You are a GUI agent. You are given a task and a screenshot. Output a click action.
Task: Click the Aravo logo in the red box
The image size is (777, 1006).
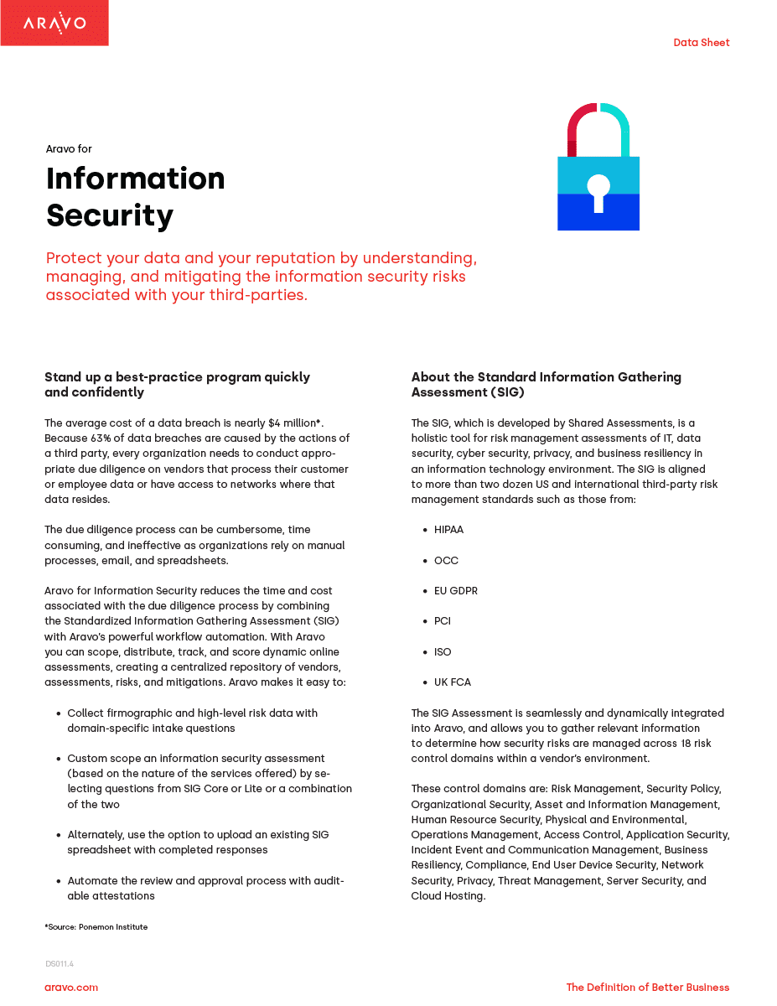point(54,23)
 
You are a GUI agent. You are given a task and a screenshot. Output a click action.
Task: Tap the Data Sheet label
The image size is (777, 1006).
point(701,43)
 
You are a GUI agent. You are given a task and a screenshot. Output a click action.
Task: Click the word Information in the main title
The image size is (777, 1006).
point(136,179)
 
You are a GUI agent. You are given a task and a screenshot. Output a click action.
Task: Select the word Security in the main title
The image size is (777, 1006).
point(110,215)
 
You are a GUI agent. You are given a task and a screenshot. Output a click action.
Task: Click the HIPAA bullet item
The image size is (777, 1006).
point(448,530)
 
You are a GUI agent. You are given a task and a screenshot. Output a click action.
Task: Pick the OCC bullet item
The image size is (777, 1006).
point(446,560)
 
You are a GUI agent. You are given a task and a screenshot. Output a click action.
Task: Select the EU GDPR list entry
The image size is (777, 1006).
point(456,591)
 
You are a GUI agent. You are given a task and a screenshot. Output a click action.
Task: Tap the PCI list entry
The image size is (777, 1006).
point(443,621)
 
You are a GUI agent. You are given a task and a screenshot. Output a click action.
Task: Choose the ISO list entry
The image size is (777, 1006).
point(443,652)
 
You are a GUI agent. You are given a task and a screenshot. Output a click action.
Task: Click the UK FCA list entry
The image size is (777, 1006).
point(453,682)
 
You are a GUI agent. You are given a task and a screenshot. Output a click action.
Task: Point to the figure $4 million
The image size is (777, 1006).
point(292,423)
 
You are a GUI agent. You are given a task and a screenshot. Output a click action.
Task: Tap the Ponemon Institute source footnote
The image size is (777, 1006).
point(96,926)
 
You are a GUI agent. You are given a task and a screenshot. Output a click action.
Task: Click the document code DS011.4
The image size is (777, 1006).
point(60,964)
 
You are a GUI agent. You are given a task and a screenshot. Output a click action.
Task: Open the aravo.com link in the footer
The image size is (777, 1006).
point(71,988)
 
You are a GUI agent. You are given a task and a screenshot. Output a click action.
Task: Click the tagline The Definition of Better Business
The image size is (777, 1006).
point(647,988)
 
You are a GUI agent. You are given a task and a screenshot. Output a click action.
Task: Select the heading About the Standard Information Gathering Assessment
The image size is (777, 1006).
point(546,385)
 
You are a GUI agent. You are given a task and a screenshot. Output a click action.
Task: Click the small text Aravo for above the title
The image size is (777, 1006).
point(69,149)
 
